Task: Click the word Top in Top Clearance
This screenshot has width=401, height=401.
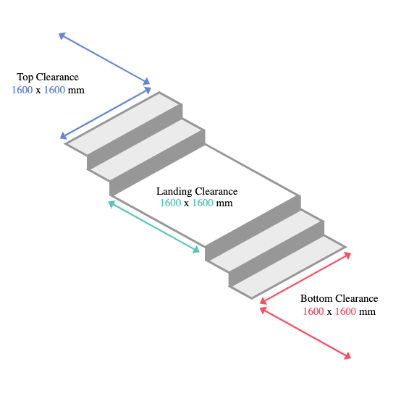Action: [25, 77]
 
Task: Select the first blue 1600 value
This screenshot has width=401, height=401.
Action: [22, 90]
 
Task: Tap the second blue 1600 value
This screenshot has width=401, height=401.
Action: [54, 90]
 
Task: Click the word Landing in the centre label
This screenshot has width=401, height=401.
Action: [174, 192]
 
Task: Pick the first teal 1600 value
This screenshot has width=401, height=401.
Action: [171, 203]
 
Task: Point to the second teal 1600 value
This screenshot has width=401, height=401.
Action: [203, 203]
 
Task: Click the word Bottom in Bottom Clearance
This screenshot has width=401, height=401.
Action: [316, 298]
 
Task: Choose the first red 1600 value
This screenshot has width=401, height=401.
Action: [313, 311]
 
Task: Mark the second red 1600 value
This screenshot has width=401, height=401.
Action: [345, 311]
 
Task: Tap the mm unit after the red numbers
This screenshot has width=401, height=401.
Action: [367, 312]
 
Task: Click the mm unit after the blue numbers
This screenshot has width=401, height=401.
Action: [76, 90]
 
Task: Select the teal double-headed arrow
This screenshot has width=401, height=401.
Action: [154, 227]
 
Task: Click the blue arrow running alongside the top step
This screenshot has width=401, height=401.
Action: [106, 113]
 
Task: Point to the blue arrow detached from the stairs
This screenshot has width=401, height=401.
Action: [104, 59]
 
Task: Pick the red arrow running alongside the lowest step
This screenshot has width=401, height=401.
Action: [305, 278]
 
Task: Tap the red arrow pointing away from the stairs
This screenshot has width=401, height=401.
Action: [305, 333]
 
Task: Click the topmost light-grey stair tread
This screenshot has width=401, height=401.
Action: [124, 124]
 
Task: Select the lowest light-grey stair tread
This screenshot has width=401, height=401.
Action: [287, 267]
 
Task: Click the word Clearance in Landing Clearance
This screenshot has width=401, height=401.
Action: [216, 192]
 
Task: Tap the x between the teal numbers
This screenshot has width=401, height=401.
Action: [187, 204]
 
